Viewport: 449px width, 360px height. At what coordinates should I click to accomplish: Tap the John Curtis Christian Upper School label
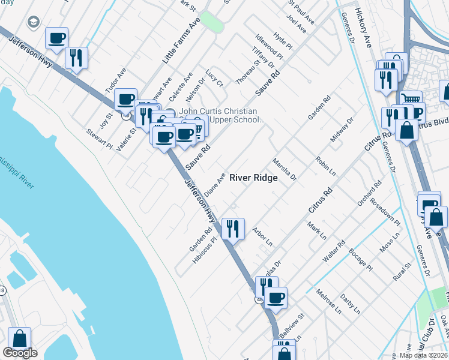(x=219, y=116)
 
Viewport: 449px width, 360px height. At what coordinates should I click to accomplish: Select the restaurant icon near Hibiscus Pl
(x=233, y=229)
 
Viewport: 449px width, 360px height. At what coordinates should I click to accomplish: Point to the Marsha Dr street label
(x=284, y=169)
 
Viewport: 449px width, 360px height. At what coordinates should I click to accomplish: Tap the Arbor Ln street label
(x=262, y=236)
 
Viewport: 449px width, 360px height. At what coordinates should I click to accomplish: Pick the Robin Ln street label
(x=325, y=166)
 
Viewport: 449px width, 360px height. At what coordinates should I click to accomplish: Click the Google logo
(x=20, y=353)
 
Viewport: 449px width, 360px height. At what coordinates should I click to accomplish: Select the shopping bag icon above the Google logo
(x=19, y=339)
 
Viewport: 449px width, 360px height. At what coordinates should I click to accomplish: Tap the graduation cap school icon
(x=34, y=22)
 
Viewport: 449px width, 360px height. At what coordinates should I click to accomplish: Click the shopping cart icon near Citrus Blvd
(x=411, y=98)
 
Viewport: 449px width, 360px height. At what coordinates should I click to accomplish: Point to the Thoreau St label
(x=247, y=70)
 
